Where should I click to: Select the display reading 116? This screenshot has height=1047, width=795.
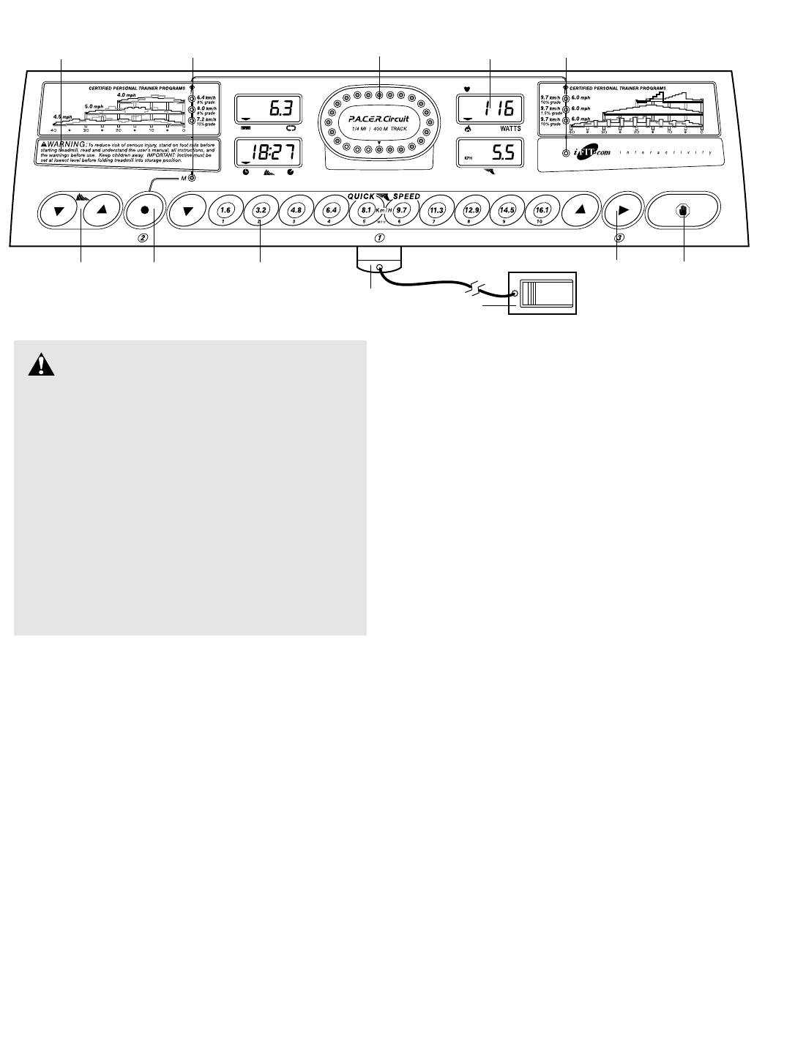coord(490,111)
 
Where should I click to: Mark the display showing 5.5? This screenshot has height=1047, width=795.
coord(490,154)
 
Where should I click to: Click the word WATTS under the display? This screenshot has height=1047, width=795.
coord(510,128)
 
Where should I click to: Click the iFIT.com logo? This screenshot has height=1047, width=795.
coord(591,152)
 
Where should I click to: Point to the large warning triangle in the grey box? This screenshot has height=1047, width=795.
coord(42,365)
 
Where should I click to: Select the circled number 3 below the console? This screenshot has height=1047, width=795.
coord(619,238)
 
